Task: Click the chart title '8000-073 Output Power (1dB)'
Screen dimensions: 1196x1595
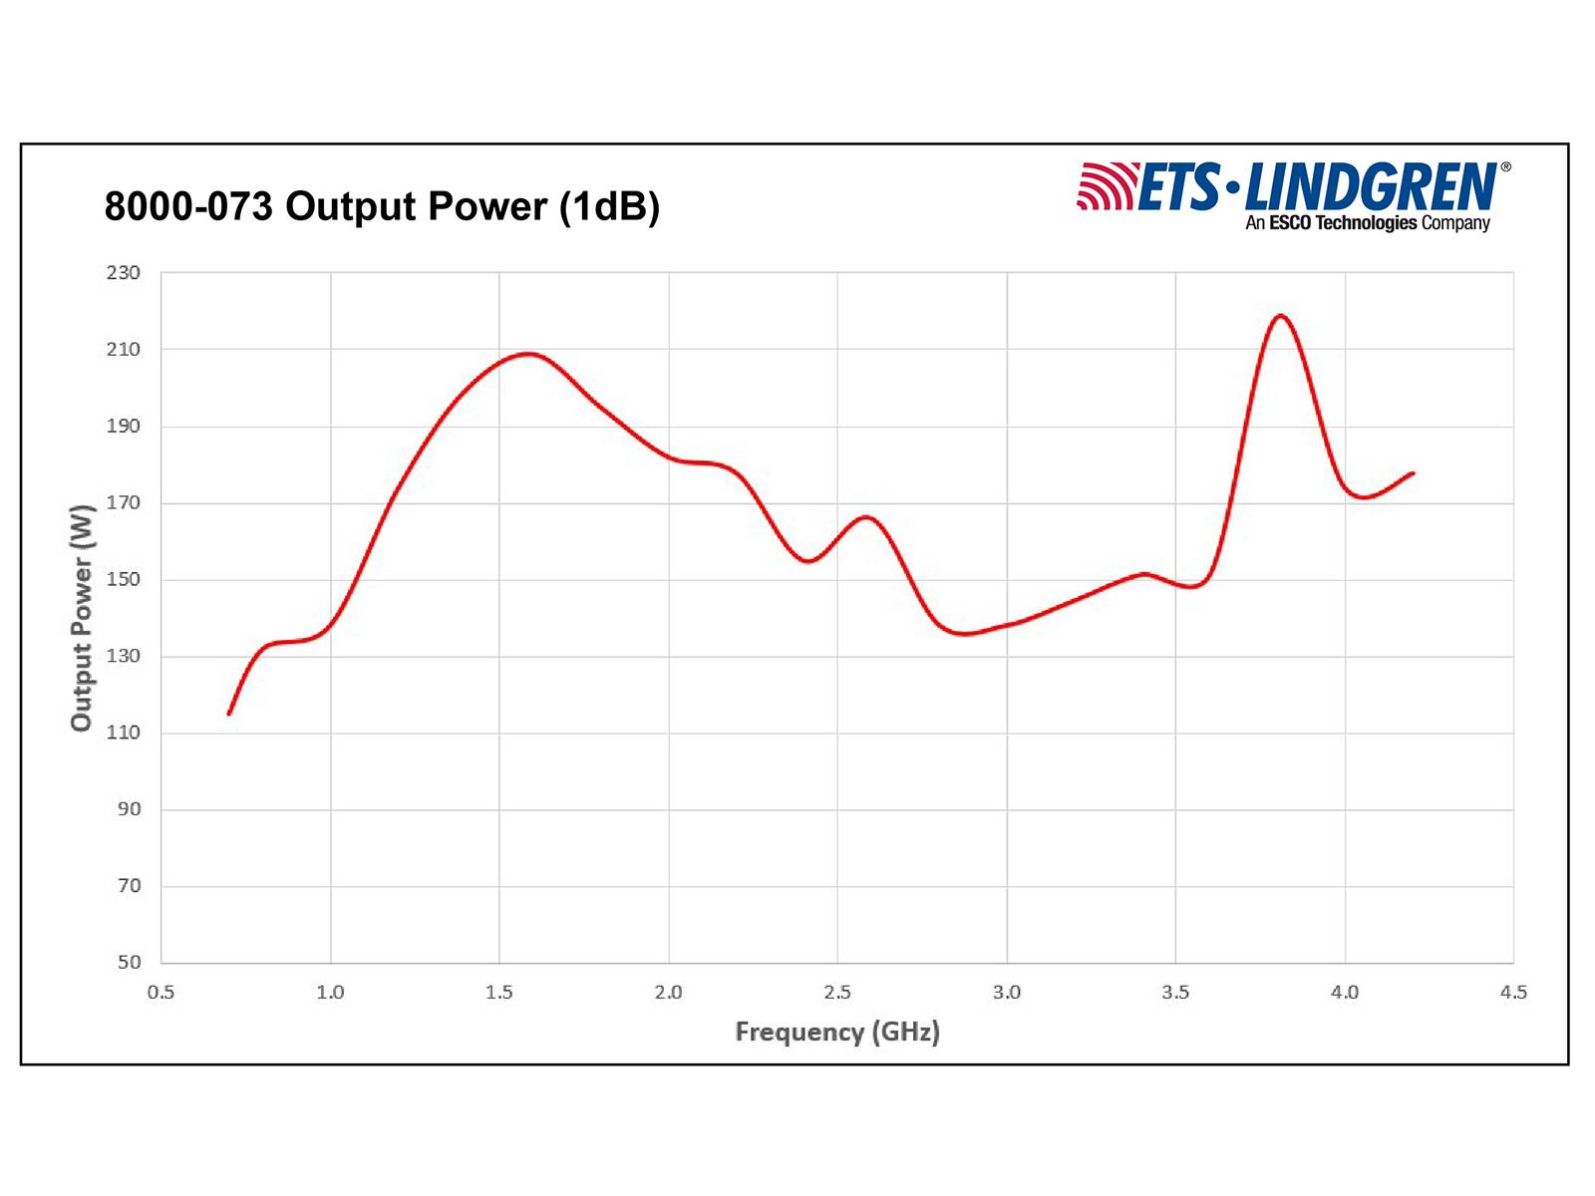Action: click(382, 206)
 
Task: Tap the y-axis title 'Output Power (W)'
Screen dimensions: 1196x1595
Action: click(82, 618)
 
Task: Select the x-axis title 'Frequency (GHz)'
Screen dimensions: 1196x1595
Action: click(837, 1032)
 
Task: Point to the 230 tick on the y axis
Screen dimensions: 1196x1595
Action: click(124, 272)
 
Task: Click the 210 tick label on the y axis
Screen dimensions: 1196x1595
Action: click(124, 349)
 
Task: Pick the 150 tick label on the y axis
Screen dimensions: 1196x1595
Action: click(124, 579)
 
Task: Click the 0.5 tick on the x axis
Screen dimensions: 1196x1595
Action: click(160, 992)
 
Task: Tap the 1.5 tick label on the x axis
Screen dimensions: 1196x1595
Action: click(499, 992)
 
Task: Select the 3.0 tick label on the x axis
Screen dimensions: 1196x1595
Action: click(1007, 992)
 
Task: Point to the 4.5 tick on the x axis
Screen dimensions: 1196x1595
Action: click(1513, 992)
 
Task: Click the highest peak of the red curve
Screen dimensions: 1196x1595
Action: click(1280, 316)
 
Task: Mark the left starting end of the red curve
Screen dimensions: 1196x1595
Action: click(229, 714)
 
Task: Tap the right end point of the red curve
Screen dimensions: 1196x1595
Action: click(1413, 473)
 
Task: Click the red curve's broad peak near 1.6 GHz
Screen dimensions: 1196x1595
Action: click(527, 354)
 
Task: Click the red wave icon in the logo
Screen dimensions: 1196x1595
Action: click(1106, 186)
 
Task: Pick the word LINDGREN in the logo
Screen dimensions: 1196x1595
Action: click(1371, 186)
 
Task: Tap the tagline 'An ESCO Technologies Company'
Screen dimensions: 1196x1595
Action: click(1367, 223)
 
